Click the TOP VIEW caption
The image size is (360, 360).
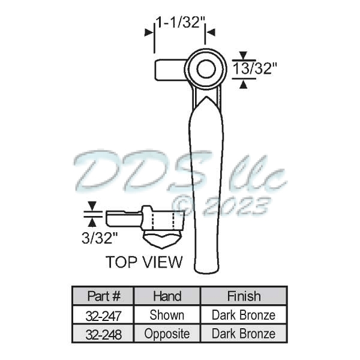tap(144, 262)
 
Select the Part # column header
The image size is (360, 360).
tap(104, 296)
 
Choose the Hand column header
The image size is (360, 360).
tap(167, 296)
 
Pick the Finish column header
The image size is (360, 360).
tap(244, 296)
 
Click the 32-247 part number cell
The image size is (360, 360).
tap(104, 315)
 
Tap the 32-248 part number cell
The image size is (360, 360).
tap(104, 334)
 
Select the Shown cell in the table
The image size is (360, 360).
tap(167, 315)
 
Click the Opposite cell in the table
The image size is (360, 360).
tap(167, 334)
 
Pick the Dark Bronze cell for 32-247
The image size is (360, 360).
tap(244, 315)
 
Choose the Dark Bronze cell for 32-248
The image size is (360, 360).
tap(244, 334)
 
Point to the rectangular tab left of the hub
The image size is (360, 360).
tap(170, 70)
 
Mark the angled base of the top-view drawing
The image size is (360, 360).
tap(162, 241)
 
